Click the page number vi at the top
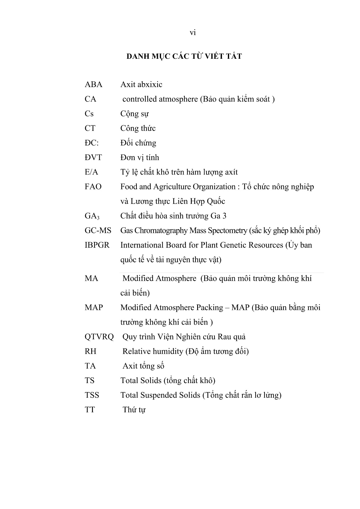(193, 33)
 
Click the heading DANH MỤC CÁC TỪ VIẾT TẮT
(184, 57)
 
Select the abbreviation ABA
(93, 85)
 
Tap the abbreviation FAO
(93, 187)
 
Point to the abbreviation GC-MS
(98, 231)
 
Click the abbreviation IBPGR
(97, 245)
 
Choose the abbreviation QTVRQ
(99, 337)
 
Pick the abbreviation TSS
(92, 395)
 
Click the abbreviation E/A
(91, 172)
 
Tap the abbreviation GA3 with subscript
(92, 216)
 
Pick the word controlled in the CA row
(139, 99)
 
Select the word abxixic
(150, 85)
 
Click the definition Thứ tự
(134, 410)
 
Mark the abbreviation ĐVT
(93, 158)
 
